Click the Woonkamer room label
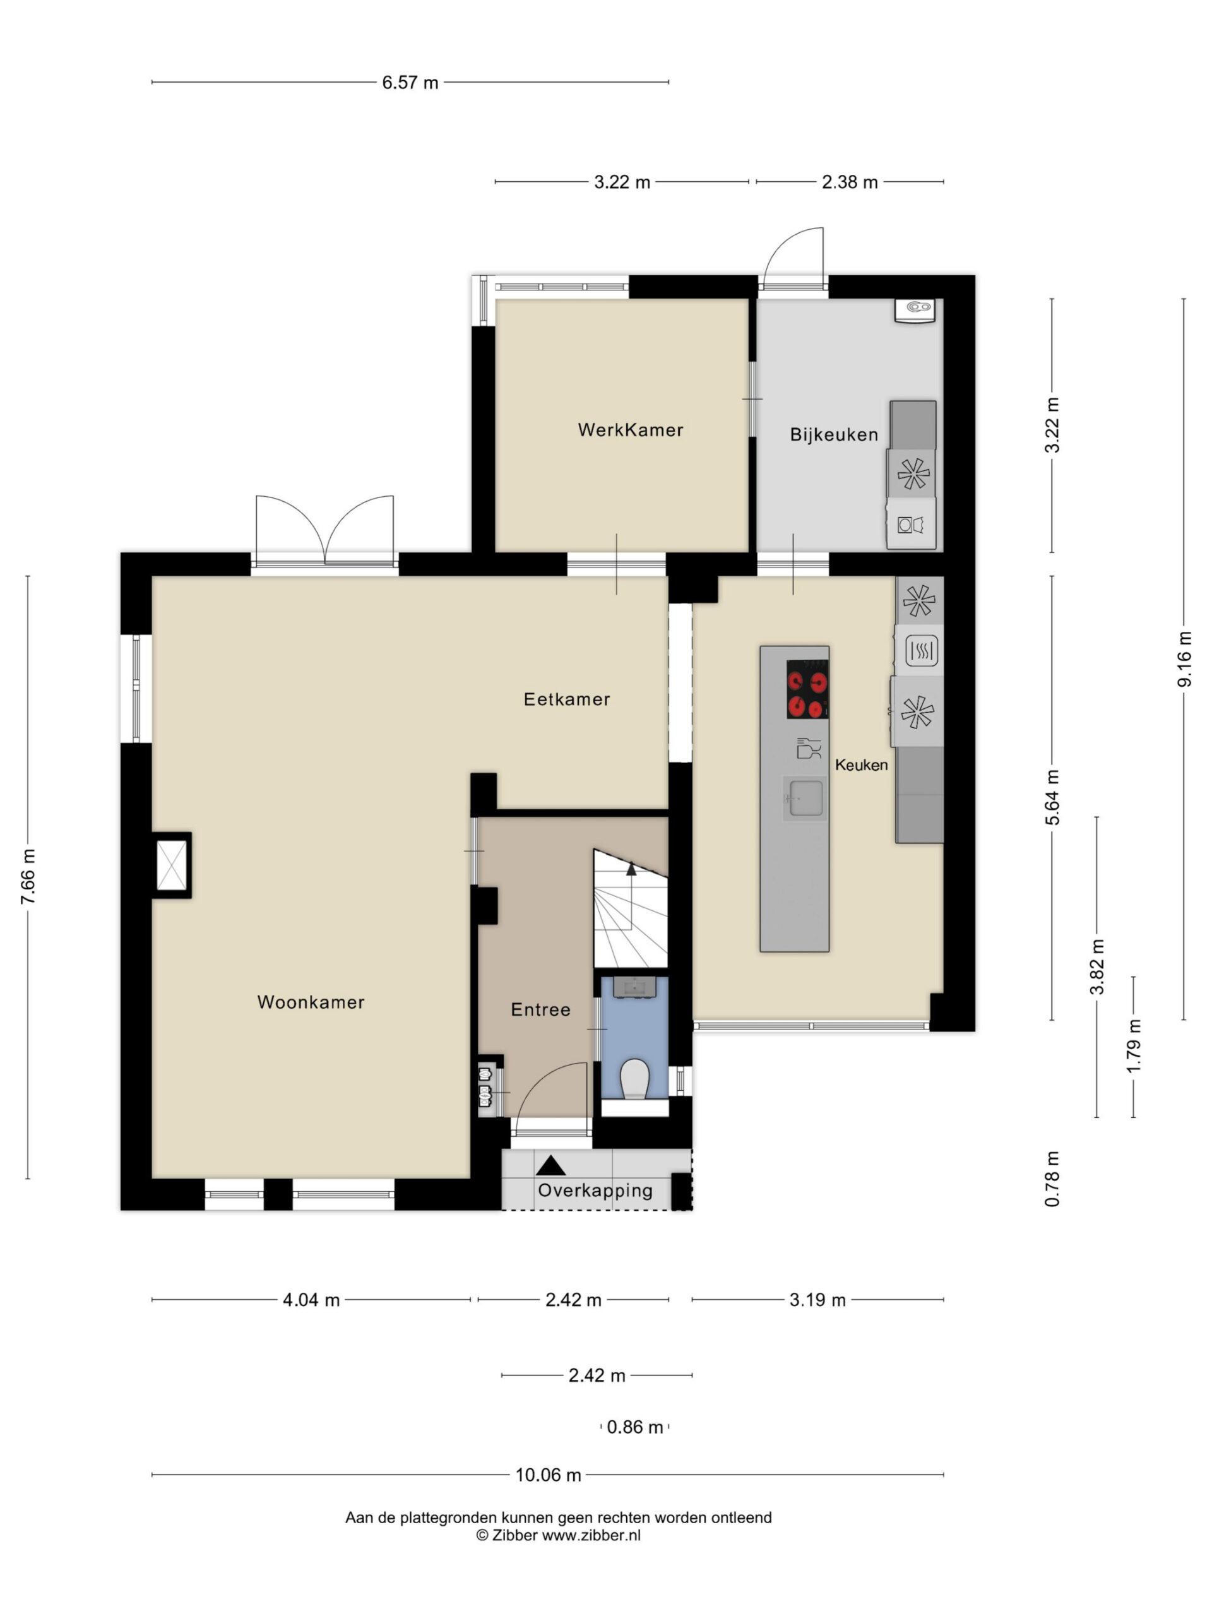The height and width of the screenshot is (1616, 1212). pyautogui.click(x=311, y=1002)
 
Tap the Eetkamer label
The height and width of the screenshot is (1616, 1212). pyautogui.click(x=567, y=699)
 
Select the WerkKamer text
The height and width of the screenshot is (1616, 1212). pyautogui.click(x=631, y=430)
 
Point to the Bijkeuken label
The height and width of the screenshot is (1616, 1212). pyautogui.click(x=834, y=435)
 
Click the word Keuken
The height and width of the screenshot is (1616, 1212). pyautogui.click(x=861, y=765)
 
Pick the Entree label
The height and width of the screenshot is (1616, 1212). pyautogui.click(x=540, y=1009)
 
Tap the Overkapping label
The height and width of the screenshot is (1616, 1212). pyautogui.click(x=595, y=1191)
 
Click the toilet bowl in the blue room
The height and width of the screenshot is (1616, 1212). pyautogui.click(x=634, y=1078)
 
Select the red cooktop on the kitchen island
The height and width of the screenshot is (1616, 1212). pyautogui.click(x=807, y=689)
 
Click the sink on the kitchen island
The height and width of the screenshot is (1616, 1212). pyautogui.click(x=805, y=797)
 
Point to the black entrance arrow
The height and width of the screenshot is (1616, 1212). pyautogui.click(x=551, y=1165)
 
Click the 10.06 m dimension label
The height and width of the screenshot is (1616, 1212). pyautogui.click(x=548, y=1475)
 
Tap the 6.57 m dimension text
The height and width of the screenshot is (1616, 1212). pyautogui.click(x=410, y=83)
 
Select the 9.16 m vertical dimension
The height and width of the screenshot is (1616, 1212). pyautogui.click(x=1184, y=659)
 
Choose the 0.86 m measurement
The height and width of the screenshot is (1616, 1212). pyautogui.click(x=635, y=1427)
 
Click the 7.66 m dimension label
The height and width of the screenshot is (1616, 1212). pyautogui.click(x=28, y=877)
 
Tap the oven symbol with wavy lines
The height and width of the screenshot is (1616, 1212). pyautogui.click(x=921, y=650)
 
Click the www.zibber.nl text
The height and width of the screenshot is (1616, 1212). pyautogui.click(x=591, y=1535)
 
